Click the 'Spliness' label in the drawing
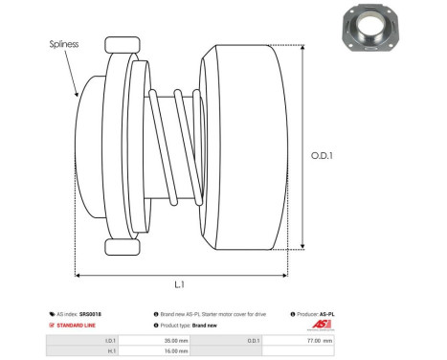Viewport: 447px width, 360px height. pos(63,44)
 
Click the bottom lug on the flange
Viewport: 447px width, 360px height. pos(123,247)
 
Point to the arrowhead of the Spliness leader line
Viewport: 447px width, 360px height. pos(78,96)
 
